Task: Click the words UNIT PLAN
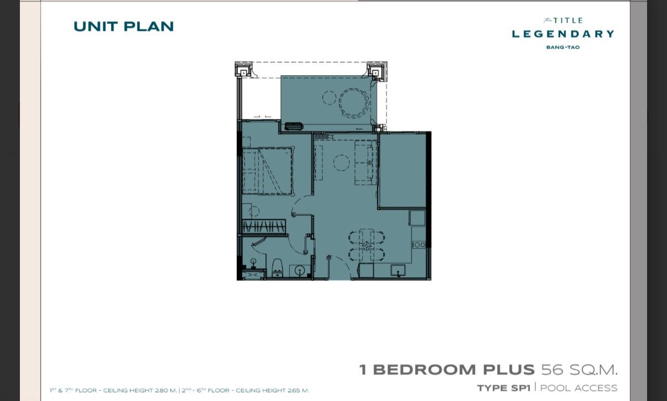(123, 27)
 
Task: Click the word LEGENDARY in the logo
(563, 34)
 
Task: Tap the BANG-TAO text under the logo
(563, 48)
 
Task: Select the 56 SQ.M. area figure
(579, 370)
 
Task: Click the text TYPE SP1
(504, 388)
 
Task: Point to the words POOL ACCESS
(579, 388)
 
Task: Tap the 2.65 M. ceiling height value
(298, 391)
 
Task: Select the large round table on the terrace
(354, 103)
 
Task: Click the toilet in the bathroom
(277, 268)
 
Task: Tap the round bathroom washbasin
(299, 271)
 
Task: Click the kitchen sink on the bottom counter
(398, 271)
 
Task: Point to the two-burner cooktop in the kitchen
(419, 245)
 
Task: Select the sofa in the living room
(366, 162)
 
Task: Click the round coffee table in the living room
(341, 163)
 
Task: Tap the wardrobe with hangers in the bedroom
(264, 226)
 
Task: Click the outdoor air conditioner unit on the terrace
(294, 126)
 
